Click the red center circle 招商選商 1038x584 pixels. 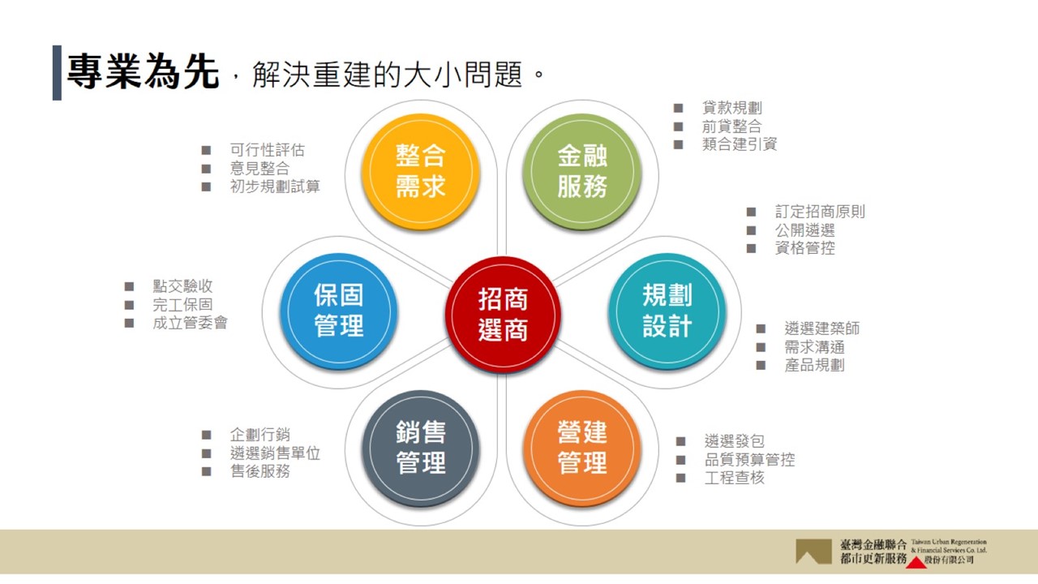click(503, 315)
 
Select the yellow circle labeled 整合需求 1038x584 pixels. click(420, 171)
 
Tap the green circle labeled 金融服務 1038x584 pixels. click(582, 171)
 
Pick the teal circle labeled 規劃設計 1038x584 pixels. click(667, 311)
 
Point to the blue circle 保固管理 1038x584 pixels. click(339, 311)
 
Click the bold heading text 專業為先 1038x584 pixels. click(143, 71)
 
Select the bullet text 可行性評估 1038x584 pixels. click(268, 150)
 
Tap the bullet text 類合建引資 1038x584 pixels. click(739, 144)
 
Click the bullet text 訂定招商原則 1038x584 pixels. click(820, 212)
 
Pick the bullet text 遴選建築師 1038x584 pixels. click(821, 328)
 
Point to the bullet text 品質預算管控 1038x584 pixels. click(749, 459)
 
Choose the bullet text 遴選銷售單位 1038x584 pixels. click(275, 453)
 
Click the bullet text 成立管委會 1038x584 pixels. click(190, 323)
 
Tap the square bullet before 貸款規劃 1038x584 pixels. click(679, 108)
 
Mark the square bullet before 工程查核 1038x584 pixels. click(680, 478)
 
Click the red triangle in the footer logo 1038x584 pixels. click(916, 563)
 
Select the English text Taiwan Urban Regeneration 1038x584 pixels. click(949, 542)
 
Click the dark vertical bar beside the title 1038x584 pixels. click(57, 73)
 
